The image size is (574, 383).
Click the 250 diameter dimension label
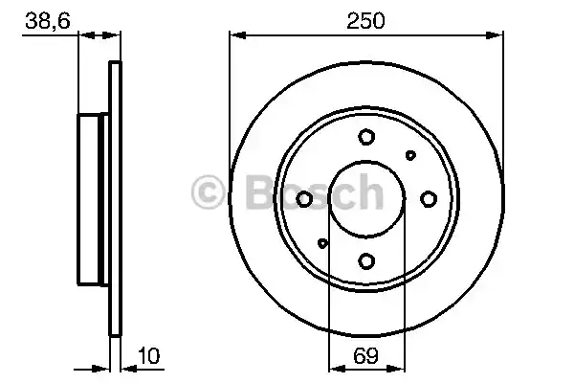[365, 20]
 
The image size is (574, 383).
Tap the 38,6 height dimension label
[48, 20]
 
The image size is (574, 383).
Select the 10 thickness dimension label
[148, 355]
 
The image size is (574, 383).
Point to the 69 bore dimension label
[365, 355]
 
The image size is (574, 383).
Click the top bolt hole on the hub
[366, 137]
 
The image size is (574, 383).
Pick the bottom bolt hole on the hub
[366, 261]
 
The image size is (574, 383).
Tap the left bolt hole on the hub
[304, 199]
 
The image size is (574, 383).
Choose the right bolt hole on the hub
[429, 199]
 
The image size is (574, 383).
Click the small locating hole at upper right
[410, 155]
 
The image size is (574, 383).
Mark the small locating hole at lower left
[322, 243]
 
